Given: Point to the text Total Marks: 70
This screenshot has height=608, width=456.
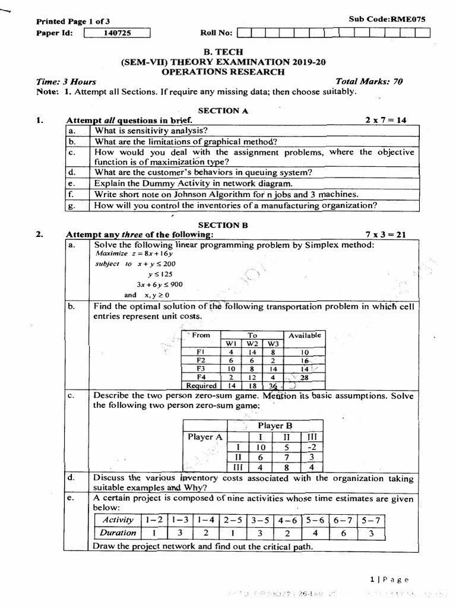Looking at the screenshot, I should click(x=369, y=82).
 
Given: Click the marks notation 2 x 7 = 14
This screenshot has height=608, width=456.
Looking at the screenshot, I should click(x=385, y=120).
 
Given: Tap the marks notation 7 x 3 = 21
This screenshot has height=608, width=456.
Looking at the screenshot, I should click(x=385, y=235).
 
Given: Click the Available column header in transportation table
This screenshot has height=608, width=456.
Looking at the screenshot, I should click(x=305, y=335).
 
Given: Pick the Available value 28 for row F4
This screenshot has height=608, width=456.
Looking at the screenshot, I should click(x=305, y=377).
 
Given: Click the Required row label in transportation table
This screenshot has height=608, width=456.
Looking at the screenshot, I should click(x=201, y=385).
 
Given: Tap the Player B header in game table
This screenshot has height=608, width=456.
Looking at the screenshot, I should click(x=275, y=426).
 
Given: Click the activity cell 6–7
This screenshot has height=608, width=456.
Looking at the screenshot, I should click(x=342, y=520).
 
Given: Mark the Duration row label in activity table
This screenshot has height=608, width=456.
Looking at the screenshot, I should click(x=118, y=533).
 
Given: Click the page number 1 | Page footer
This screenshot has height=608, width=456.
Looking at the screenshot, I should click(x=389, y=579).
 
